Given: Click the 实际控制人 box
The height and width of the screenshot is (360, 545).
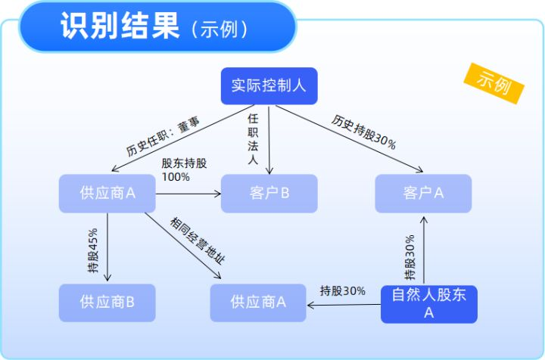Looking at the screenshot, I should [x=269, y=86].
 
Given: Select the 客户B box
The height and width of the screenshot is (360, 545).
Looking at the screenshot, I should [x=269, y=193].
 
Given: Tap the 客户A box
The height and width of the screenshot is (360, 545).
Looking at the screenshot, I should [x=423, y=193].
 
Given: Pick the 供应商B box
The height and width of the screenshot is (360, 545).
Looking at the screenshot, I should [x=107, y=303].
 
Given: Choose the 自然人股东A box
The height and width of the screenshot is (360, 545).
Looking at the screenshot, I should [x=428, y=303].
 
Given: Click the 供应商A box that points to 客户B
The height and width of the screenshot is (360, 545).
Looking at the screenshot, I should [x=107, y=193].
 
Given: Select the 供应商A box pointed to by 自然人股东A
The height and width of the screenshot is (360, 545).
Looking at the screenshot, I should [x=258, y=303].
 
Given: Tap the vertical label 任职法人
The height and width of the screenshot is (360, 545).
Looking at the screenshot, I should [x=253, y=139].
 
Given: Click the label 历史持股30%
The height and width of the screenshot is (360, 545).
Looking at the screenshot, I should [x=363, y=132].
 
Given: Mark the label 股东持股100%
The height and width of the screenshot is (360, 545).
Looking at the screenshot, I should [x=182, y=169].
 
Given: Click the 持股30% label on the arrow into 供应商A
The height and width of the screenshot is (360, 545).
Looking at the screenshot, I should [x=342, y=291].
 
